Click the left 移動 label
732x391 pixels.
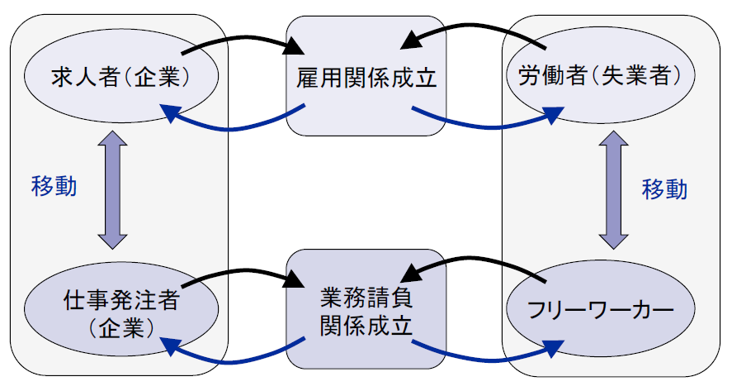(54, 186)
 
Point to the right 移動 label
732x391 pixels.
(664, 189)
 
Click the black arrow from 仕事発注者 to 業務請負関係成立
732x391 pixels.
(239, 271)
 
